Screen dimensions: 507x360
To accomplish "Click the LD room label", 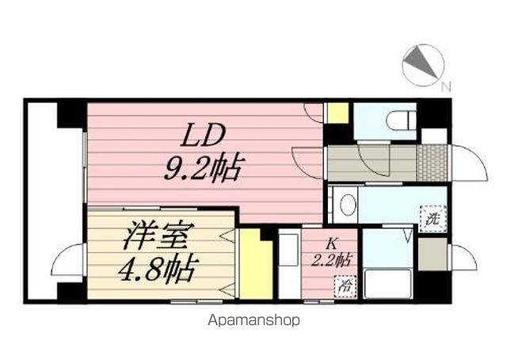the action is point(204,135).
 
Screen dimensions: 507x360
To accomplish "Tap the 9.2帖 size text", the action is point(204,167).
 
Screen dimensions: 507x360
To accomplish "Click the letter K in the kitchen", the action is point(330,243).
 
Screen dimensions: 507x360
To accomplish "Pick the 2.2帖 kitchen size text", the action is point(331,260).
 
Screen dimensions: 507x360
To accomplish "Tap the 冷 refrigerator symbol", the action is point(345,286).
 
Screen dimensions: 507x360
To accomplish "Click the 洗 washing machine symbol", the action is point(433,219).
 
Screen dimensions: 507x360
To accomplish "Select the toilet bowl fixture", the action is point(401,121).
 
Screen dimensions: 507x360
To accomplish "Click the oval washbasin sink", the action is point(349,205).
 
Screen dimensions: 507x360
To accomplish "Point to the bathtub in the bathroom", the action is point(387,284).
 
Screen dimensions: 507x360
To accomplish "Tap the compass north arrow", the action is point(421,63).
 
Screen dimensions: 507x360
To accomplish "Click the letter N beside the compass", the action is point(445,86).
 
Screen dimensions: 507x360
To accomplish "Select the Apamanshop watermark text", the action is point(253,320).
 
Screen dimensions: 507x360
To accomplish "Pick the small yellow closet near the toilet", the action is point(337,113).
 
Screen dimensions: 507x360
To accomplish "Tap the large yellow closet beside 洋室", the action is point(255,264).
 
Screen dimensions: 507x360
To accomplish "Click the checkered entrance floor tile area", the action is point(433,163).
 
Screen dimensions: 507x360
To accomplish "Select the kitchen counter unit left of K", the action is point(289,264).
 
